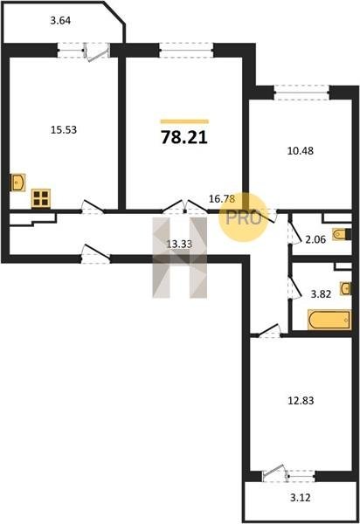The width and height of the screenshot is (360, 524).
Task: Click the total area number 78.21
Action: pos(184,137)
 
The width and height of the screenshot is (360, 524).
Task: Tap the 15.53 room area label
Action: pos(64,129)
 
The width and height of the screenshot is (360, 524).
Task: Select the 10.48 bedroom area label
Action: pos(301,151)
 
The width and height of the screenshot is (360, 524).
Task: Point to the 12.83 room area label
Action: pos(301,400)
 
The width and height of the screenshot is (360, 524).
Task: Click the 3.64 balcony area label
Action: pos(60,21)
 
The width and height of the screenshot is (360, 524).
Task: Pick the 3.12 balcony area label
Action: pos(301,498)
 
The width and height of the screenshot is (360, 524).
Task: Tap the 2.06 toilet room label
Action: pos(315,239)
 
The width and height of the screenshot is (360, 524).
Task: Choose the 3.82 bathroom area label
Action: pos(321,294)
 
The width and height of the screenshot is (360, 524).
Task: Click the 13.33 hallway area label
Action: pos(179,245)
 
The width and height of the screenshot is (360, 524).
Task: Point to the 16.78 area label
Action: pos(222,199)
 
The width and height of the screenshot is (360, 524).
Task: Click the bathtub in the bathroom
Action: pos(329,321)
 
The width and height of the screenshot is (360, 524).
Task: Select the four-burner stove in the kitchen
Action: pos(41,198)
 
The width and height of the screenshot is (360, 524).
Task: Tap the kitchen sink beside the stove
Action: pos(17,183)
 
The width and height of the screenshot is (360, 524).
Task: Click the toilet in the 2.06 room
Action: pos(342,234)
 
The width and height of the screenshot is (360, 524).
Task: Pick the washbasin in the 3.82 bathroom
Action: pos(346,288)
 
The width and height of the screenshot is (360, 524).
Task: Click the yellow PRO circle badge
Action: pos(243,217)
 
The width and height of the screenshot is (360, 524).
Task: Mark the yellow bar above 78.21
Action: pos(184,121)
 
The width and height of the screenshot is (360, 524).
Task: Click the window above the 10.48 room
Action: pos(301,93)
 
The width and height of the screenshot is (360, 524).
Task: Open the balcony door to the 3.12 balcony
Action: pos(275,473)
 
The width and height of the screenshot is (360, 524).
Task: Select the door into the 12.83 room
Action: pos(268,331)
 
